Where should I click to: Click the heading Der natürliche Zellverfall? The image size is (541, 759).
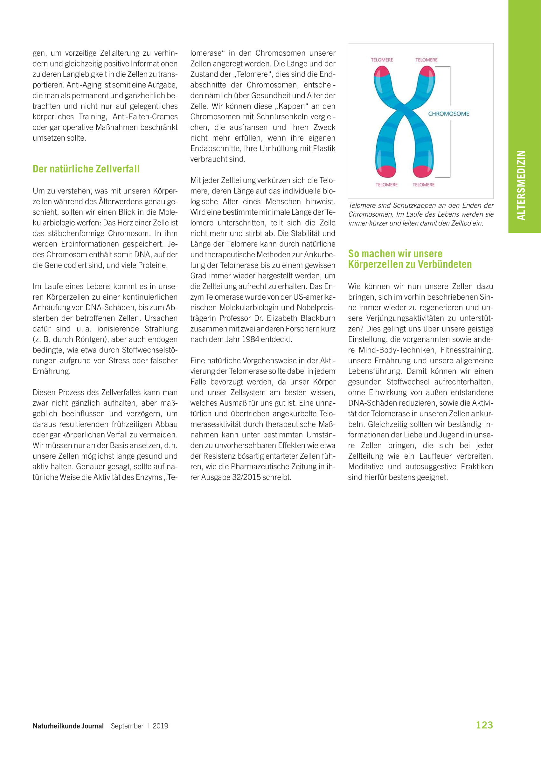(x=86, y=169)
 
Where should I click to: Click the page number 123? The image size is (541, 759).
(x=484, y=725)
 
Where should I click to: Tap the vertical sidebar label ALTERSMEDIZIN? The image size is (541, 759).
(x=521, y=185)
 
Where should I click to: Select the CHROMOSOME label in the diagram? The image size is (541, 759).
(x=448, y=114)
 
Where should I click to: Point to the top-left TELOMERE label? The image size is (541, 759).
(x=382, y=60)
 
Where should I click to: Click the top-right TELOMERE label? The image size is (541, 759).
(x=426, y=60)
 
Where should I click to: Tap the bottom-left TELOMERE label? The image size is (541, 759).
(x=386, y=185)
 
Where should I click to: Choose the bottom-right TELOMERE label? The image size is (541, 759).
(x=423, y=185)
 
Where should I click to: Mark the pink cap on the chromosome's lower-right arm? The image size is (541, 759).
(x=423, y=171)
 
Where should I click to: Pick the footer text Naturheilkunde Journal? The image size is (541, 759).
(x=68, y=726)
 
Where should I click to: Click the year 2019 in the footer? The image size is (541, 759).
(x=160, y=726)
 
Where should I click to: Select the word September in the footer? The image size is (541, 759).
(x=127, y=726)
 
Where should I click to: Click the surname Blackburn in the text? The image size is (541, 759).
(x=318, y=318)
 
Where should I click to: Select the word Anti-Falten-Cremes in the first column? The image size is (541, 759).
(x=145, y=117)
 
